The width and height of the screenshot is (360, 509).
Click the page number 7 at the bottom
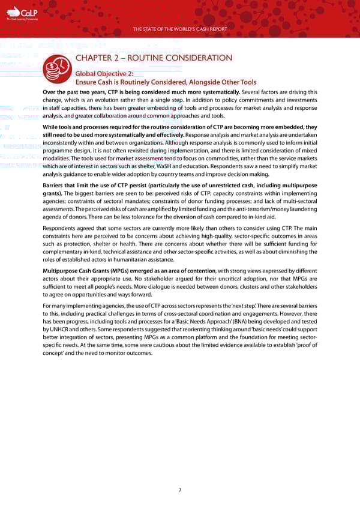click(180, 490)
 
